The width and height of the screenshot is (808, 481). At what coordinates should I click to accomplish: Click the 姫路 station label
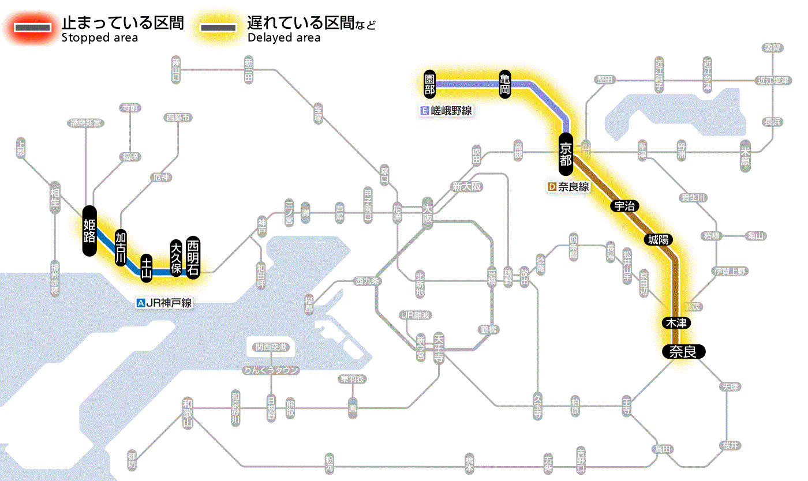89,231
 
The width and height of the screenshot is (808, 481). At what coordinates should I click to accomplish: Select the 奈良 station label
683,351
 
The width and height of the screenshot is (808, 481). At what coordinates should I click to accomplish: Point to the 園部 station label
429,84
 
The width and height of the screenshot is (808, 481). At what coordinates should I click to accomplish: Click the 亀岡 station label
505,84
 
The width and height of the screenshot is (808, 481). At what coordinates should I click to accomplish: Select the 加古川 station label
121,248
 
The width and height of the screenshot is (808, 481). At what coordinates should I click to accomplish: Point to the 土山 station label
147,268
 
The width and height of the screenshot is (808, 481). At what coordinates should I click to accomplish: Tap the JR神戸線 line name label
164,302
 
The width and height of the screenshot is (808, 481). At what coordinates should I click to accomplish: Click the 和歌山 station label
187,413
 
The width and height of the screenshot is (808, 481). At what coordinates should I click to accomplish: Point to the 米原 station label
746,154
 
